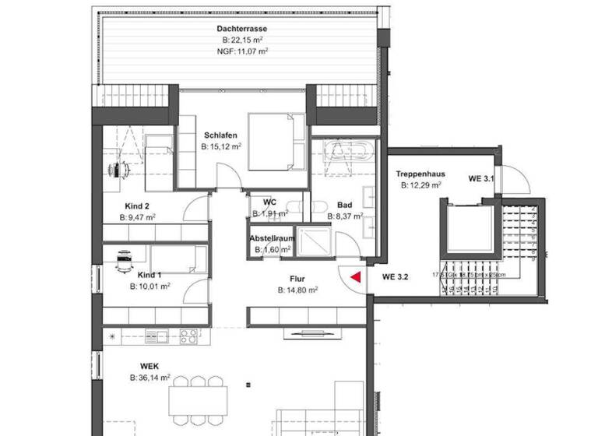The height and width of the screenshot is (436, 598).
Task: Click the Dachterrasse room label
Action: pos(241,29)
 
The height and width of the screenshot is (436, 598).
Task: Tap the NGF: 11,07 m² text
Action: pos(242,51)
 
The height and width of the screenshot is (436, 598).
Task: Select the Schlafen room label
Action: pos(220,134)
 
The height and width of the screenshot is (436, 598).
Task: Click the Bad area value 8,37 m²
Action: pos(344,217)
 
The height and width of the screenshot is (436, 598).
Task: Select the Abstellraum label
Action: pos(270,238)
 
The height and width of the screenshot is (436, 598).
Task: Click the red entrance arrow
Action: pos(355,276)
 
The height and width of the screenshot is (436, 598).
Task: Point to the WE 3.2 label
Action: pos(396,276)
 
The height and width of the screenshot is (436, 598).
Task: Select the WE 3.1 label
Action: pos(481,179)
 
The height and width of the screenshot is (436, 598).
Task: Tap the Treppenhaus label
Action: pos(420,174)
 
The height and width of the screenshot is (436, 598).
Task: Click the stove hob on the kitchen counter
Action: pos(188,336)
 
